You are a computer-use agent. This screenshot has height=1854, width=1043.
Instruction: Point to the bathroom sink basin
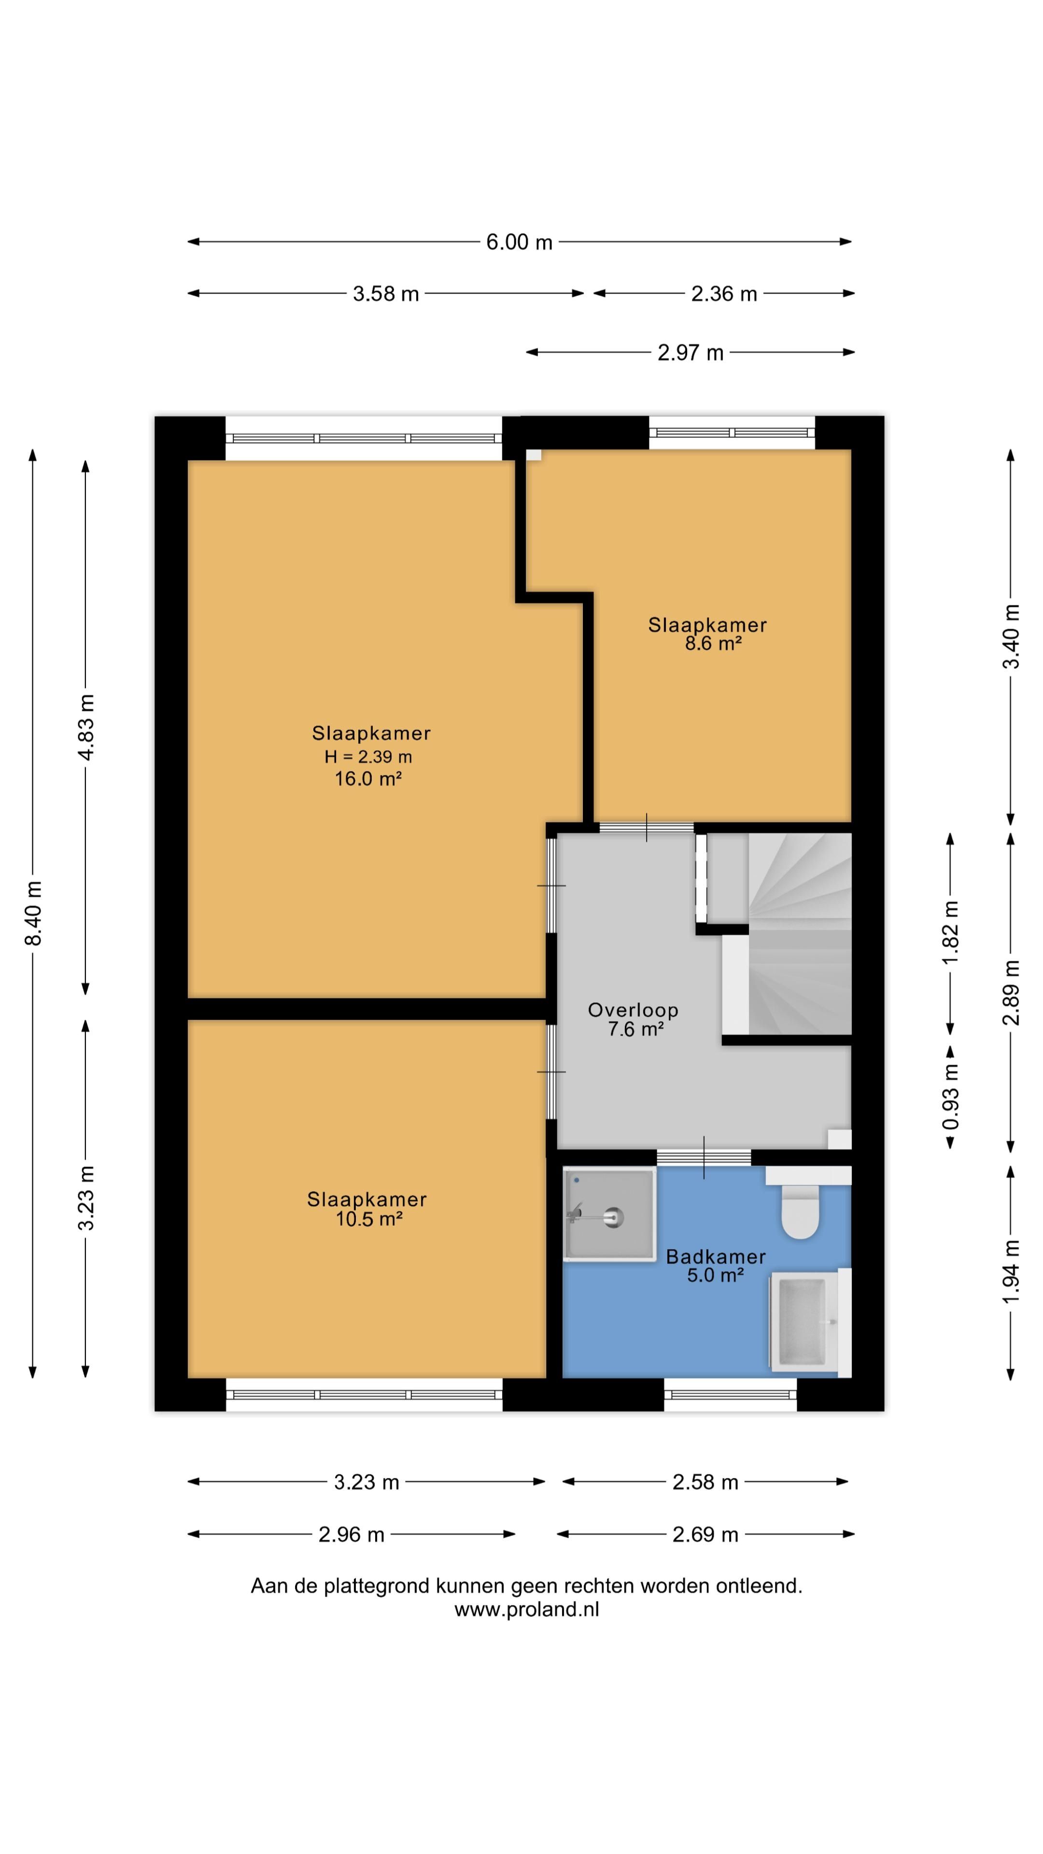point(803,1322)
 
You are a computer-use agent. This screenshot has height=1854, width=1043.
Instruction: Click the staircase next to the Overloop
point(799,936)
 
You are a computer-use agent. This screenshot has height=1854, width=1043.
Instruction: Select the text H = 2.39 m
point(368,757)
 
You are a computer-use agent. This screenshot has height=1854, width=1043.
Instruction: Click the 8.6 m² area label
point(713,644)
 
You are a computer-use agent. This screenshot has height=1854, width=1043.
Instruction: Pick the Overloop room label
point(633,1010)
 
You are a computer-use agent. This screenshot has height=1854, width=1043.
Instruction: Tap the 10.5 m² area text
point(368,1219)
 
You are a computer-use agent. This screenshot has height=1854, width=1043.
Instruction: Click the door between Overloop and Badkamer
point(703,1157)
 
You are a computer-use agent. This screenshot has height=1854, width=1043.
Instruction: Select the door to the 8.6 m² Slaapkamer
point(646,828)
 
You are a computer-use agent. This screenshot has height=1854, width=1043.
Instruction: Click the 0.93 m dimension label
point(951,1096)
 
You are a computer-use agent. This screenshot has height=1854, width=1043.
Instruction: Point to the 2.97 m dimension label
point(690,352)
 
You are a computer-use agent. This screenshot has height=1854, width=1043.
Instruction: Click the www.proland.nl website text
point(526,1609)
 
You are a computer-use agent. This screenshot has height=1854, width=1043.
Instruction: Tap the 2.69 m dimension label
point(705,1534)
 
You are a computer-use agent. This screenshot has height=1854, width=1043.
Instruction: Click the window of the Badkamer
point(730,1394)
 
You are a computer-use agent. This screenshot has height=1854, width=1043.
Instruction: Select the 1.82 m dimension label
point(951,933)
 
